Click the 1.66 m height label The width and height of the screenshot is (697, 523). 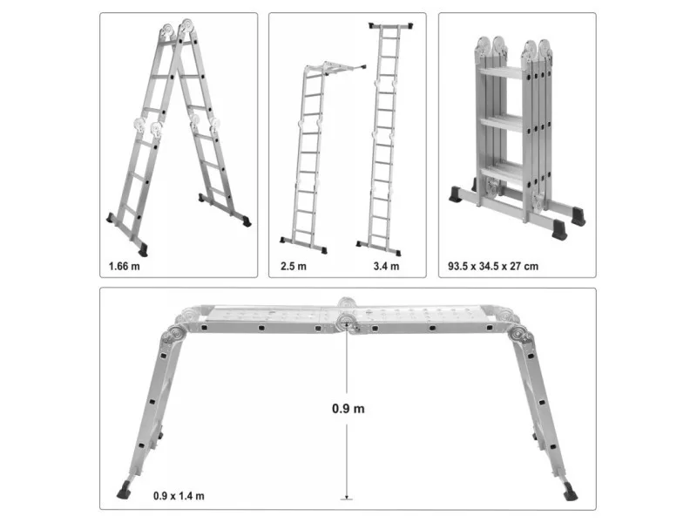tap(124, 267)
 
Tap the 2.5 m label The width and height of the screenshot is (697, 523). tap(294, 267)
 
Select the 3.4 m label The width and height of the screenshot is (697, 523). tap(386, 267)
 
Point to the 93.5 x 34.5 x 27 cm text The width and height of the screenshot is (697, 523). tap(493, 267)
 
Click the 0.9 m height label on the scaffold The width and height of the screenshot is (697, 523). tap(348, 409)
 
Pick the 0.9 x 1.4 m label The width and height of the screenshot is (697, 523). tap(179, 496)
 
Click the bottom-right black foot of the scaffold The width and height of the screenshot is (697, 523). tap(571, 492)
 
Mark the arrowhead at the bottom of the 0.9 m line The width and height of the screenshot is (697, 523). tap(347, 497)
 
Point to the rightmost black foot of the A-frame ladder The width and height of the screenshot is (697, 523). tap(247, 221)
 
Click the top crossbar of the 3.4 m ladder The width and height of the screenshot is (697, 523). tap(391, 26)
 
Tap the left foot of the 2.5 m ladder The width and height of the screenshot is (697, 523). tap(284, 241)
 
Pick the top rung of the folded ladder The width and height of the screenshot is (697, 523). tap(501, 71)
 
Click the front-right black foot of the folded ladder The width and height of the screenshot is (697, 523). tap(559, 231)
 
